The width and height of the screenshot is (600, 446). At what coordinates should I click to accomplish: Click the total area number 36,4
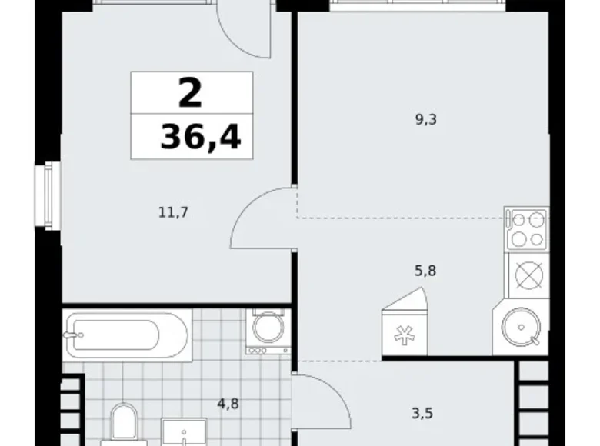point(200,137)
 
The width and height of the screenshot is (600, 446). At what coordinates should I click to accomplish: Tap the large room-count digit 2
point(191,93)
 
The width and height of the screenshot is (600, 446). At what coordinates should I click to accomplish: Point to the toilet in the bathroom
point(123,425)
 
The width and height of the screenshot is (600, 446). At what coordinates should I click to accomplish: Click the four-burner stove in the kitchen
point(527,228)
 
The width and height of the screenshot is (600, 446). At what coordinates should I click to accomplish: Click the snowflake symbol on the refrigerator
point(402,335)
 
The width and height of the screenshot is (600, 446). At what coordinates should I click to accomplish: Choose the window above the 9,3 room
point(419,4)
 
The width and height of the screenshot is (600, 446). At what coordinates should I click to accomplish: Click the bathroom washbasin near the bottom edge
point(185,433)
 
